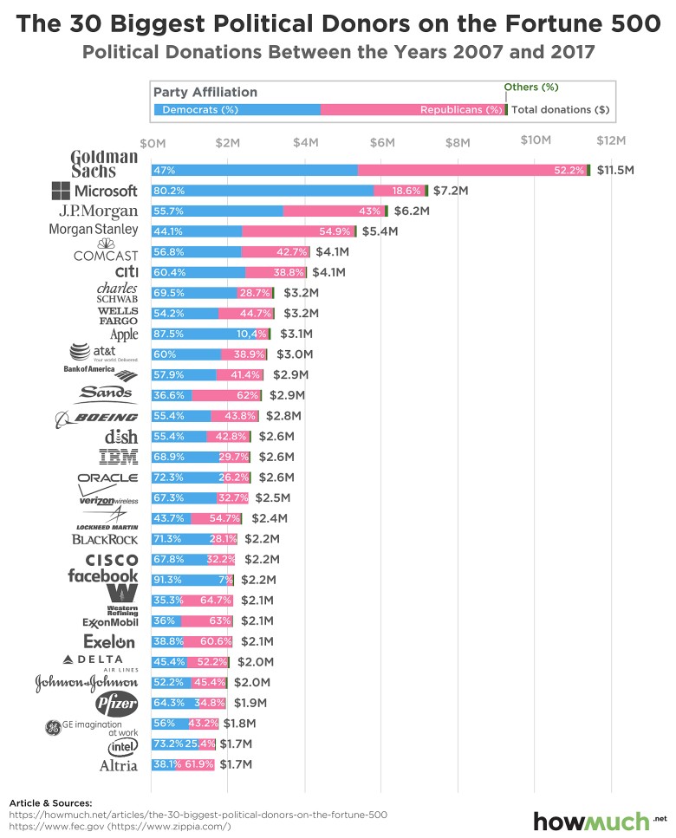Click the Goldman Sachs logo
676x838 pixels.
104,162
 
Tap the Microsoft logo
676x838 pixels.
94,191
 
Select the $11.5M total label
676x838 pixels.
614,171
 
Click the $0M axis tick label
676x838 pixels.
152,141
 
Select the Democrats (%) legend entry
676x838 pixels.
200,110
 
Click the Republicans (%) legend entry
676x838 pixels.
461,110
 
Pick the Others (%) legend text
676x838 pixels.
531,88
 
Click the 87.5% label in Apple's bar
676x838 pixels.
166,334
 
